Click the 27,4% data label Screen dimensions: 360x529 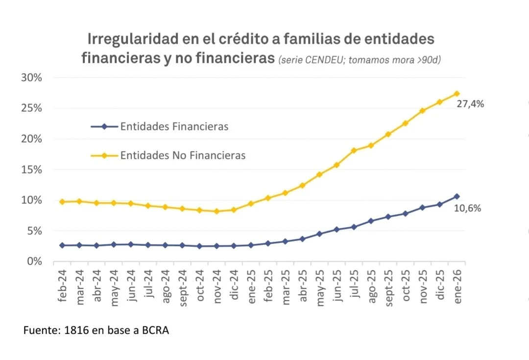[470, 104]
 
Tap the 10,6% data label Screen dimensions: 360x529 [467, 208]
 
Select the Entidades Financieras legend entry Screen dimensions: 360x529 [174, 126]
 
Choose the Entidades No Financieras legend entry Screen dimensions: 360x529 [183, 155]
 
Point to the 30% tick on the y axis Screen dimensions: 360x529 [31, 77]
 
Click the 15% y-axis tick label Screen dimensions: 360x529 [31, 169]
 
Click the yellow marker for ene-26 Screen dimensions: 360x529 [457, 94]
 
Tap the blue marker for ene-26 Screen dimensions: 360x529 [457, 196]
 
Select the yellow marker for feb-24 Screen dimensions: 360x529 [62, 202]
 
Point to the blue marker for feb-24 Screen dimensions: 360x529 [62, 245]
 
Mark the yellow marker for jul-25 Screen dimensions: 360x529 [354, 150]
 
